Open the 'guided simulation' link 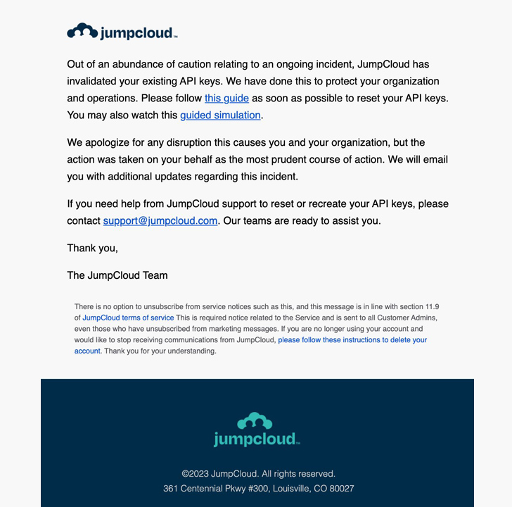point(220,115)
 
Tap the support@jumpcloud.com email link point(160,220)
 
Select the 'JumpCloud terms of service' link point(128,318)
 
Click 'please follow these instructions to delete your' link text point(352,339)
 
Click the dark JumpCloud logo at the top point(122,32)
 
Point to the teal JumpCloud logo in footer point(257,430)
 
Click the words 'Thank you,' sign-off point(92,248)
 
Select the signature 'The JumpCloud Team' point(117,275)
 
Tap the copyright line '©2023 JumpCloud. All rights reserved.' point(258,474)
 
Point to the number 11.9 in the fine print point(433,307)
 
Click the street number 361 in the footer point(171,488)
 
